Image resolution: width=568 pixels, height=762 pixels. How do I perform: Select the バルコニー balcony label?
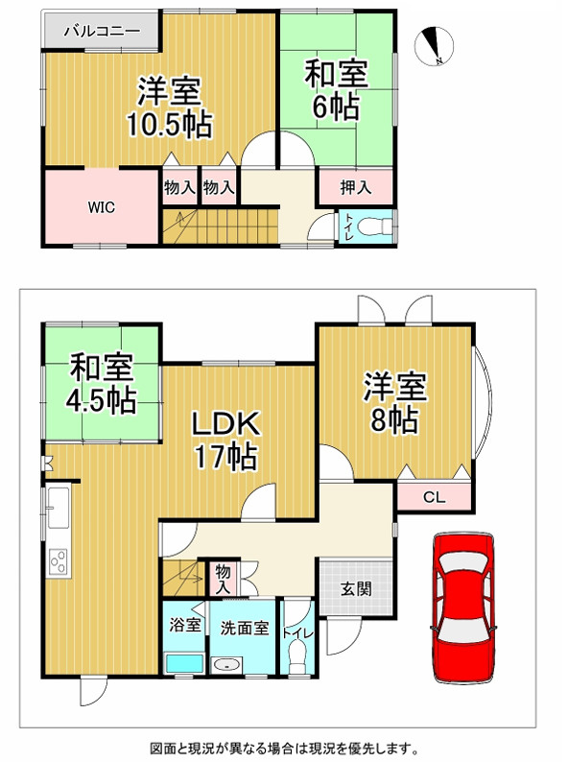pyautogui.click(x=102, y=32)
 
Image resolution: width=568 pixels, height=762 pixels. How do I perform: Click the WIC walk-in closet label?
pyautogui.click(x=102, y=206)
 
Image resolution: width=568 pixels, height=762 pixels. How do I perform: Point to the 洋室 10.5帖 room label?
pyautogui.click(x=169, y=107)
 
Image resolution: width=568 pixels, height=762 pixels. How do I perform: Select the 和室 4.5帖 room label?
pyautogui.click(x=101, y=383)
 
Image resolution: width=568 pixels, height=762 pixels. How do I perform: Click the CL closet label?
pyautogui.click(x=435, y=497)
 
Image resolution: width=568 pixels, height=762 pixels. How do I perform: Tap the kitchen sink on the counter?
pyautogui.click(x=56, y=505)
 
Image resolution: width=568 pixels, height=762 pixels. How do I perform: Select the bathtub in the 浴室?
pyautogui.click(x=182, y=663)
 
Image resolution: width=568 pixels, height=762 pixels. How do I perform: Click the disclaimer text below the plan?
pyautogui.click(x=284, y=746)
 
